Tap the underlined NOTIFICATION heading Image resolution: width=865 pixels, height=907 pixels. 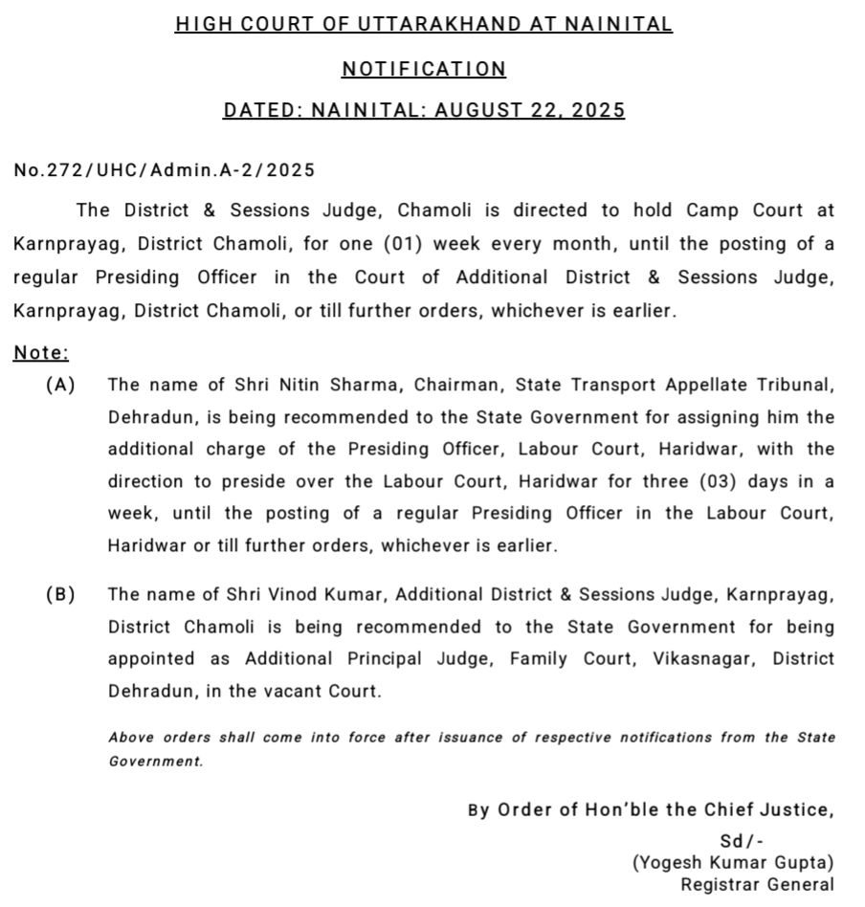pyautogui.click(x=424, y=68)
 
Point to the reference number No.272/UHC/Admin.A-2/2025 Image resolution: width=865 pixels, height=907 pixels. pyautogui.click(x=164, y=170)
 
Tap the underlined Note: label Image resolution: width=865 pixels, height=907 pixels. pyautogui.click(x=41, y=353)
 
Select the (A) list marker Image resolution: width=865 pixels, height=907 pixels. pyautogui.click(x=60, y=385)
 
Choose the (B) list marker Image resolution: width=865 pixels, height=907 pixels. pyautogui.click(x=60, y=594)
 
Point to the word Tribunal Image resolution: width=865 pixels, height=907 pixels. pyautogui.click(x=798, y=385)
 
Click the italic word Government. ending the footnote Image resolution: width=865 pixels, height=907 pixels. pyautogui.click(x=155, y=762)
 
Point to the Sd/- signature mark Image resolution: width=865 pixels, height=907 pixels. pyautogui.click(x=742, y=840)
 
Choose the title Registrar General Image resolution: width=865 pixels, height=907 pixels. pyautogui.click(x=757, y=885)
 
